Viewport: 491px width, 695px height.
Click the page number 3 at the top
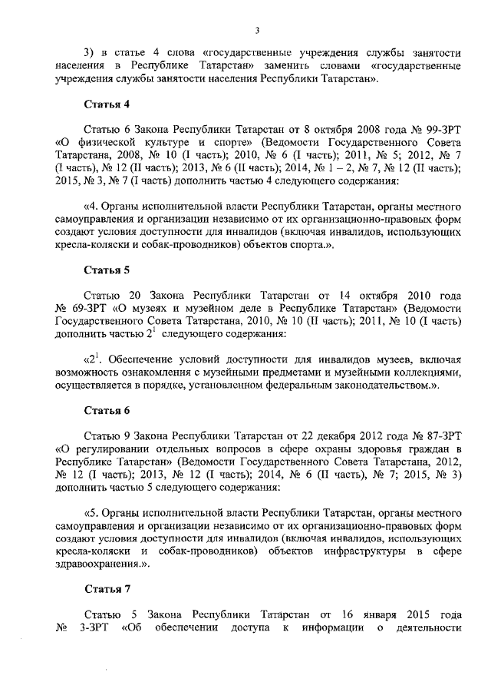(258, 30)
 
